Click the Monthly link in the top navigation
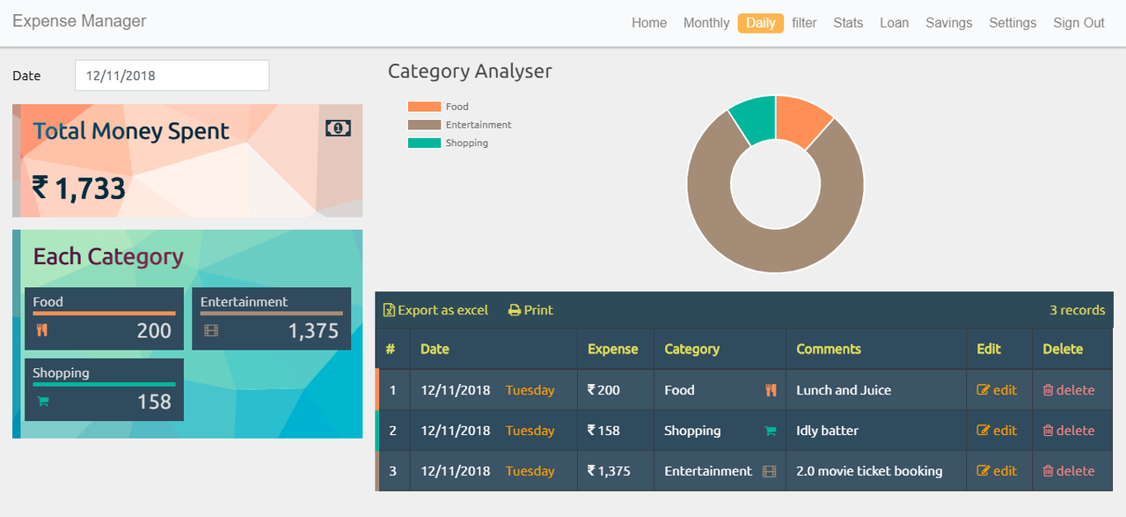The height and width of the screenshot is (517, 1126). [706, 23]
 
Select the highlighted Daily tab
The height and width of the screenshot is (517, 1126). [761, 23]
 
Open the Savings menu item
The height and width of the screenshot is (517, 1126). [948, 23]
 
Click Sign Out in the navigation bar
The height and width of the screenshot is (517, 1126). [1078, 23]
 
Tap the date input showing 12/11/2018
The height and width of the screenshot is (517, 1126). [172, 76]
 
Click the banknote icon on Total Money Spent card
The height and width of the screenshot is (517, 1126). [338, 129]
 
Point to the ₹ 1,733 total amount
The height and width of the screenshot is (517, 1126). [79, 188]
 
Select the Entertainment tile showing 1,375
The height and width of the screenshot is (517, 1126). [271, 318]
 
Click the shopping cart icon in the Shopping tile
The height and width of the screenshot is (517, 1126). [42, 402]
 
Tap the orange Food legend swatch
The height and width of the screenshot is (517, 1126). [423, 107]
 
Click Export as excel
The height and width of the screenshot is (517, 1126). [435, 310]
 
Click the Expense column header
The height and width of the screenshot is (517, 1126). [612, 349]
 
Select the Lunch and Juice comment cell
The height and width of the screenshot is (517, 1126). [844, 390]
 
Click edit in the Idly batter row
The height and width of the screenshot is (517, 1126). [997, 431]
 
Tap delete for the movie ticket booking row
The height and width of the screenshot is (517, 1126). [1068, 471]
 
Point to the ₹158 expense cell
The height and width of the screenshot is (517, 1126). [603, 431]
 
